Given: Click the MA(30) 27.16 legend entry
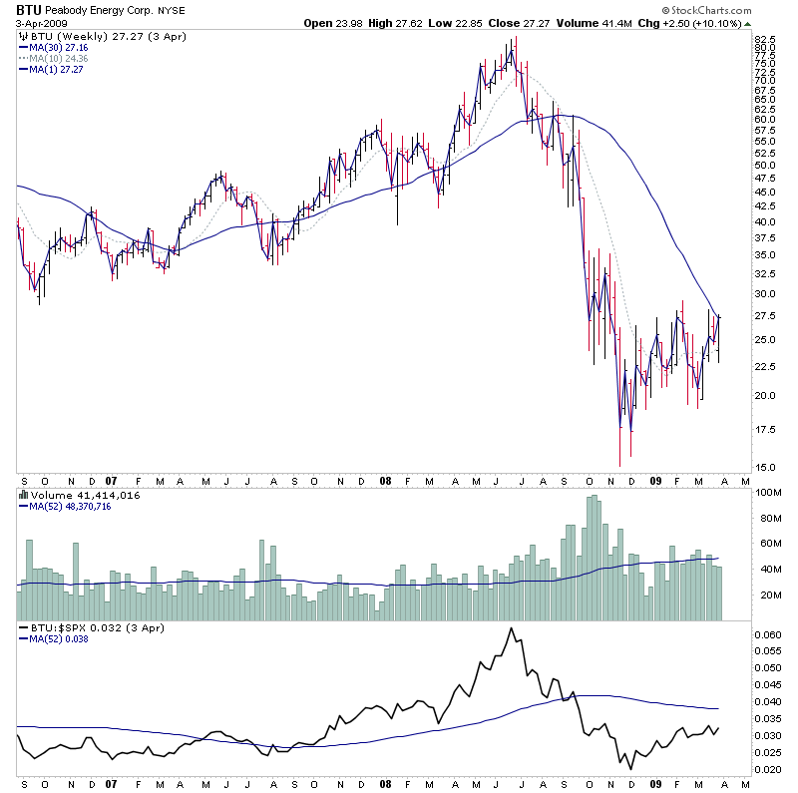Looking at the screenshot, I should point(61,46).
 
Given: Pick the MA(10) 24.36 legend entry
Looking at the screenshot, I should point(61,58).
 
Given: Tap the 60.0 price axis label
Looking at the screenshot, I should point(766,120).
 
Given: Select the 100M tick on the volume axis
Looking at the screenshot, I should point(768,493).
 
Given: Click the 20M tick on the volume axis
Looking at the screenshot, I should point(767,595).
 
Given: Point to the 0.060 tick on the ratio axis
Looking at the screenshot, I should point(769,634).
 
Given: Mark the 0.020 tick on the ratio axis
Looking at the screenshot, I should point(769,770).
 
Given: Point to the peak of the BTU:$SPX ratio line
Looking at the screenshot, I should point(512,628).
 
